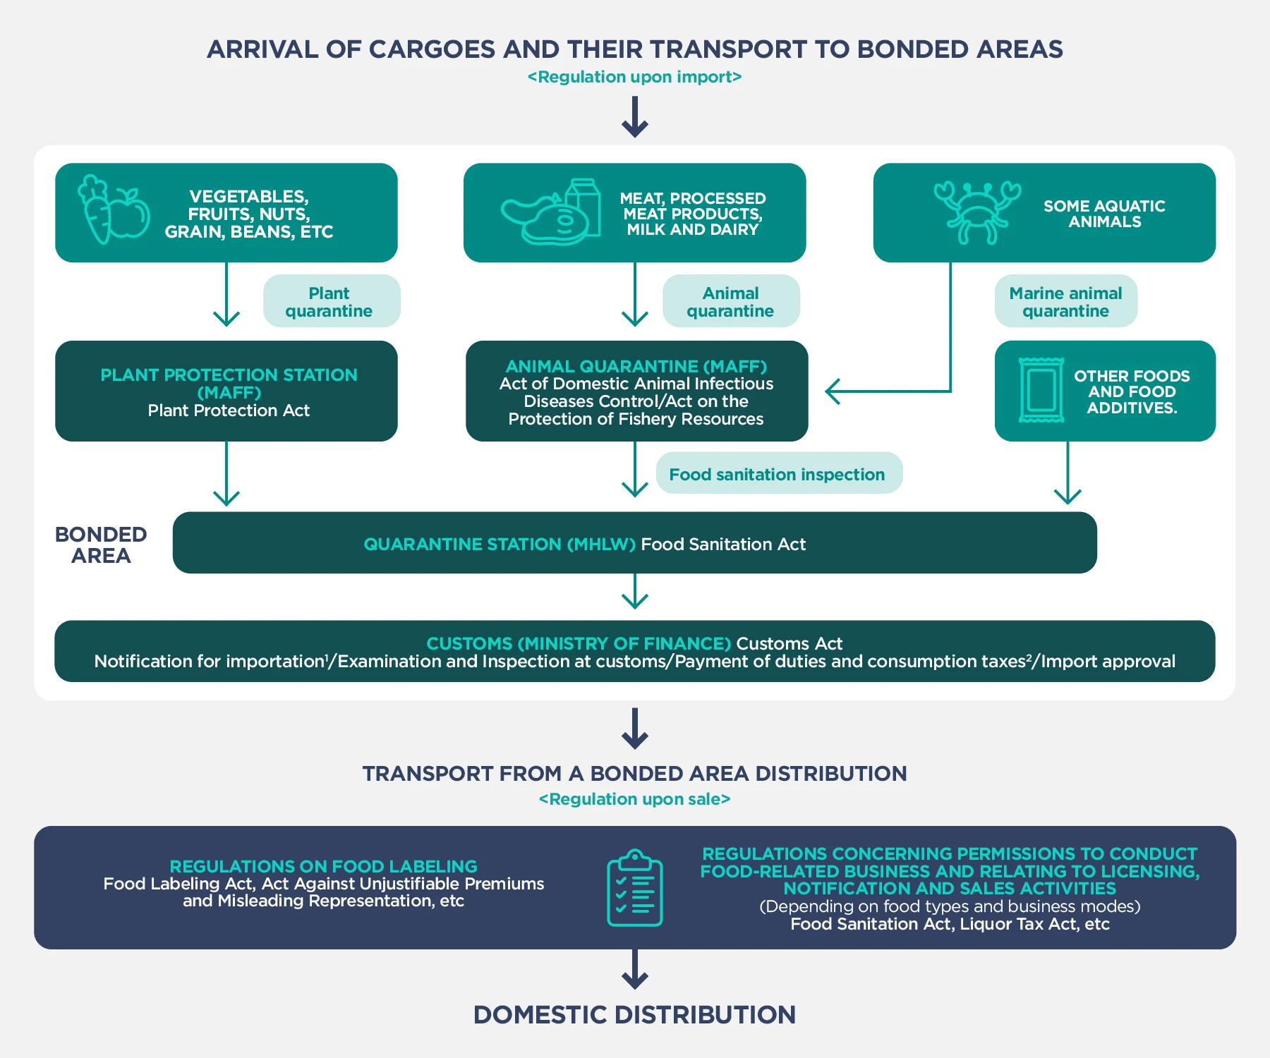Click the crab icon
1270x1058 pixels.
pos(977,212)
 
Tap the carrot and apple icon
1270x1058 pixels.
pos(113,210)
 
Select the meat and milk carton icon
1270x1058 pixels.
pos(551,212)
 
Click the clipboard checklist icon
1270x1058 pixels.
pos(634,888)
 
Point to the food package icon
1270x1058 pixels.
pos(1041,390)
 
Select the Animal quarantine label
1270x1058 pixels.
pos(731,301)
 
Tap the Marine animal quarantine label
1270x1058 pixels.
pos(1065,301)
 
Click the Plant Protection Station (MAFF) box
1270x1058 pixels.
pos(226,391)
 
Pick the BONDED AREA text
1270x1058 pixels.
pos(101,545)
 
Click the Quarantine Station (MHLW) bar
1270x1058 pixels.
pos(634,543)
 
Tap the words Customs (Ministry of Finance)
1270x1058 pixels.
pos(578,643)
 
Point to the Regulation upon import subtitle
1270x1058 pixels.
pos(634,77)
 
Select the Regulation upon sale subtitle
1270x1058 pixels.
pos(634,799)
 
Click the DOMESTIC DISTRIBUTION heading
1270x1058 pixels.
pos(634,1014)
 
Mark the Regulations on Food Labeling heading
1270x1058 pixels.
pos(323,866)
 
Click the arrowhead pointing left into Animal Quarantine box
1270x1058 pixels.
pos(833,391)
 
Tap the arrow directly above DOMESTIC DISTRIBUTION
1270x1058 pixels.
pos(634,971)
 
